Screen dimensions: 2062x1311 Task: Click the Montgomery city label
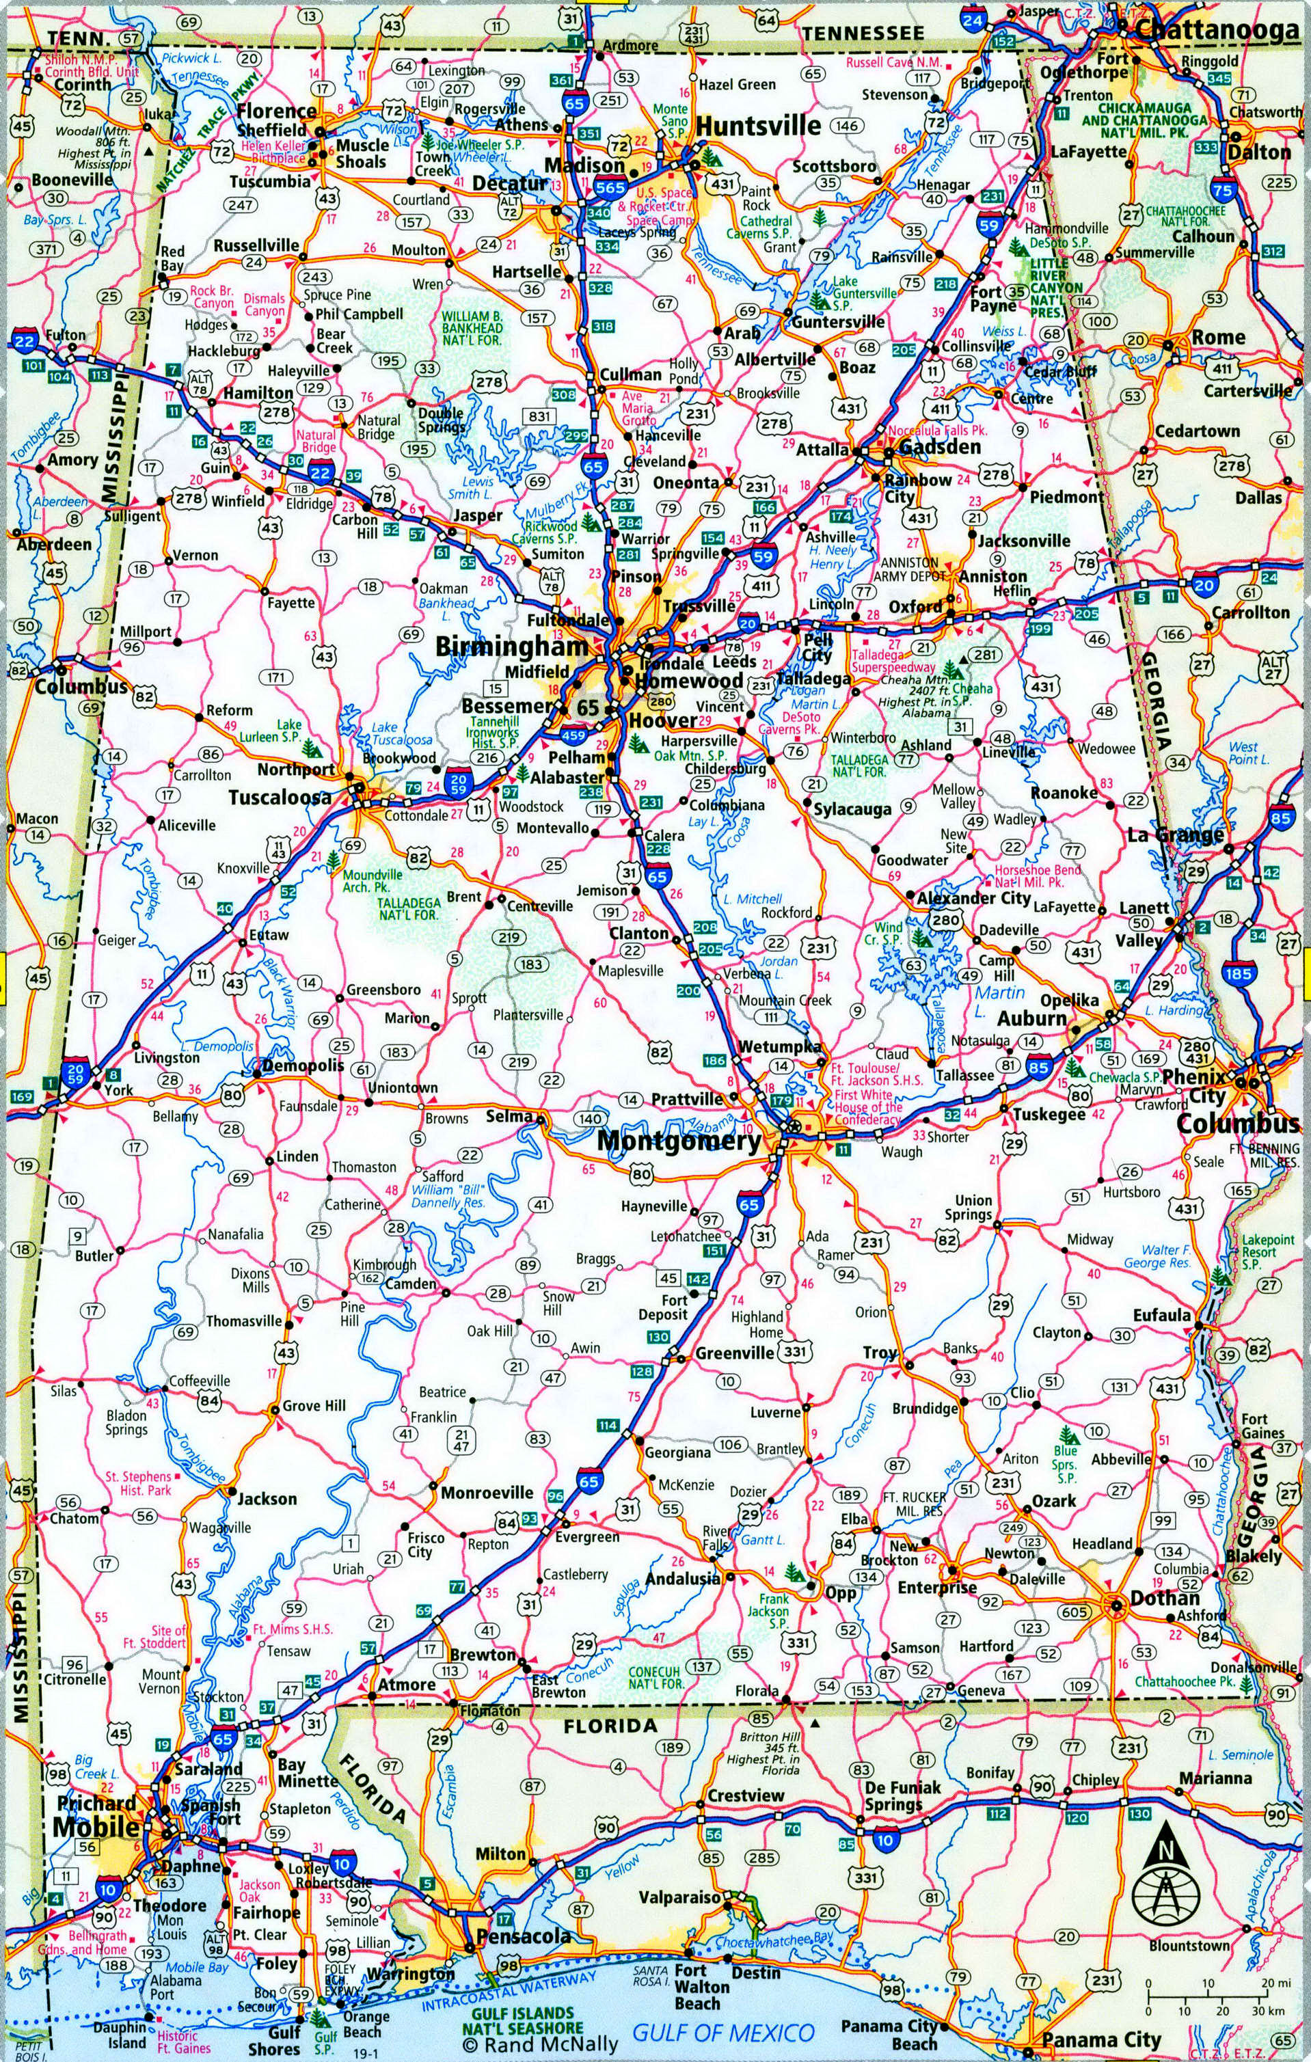click(x=678, y=1141)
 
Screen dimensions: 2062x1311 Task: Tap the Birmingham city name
click(x=511, y=647)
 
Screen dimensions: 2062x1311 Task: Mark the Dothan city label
click(x=1165, y=1598)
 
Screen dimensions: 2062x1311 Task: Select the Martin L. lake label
click(x=999, y=999)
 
